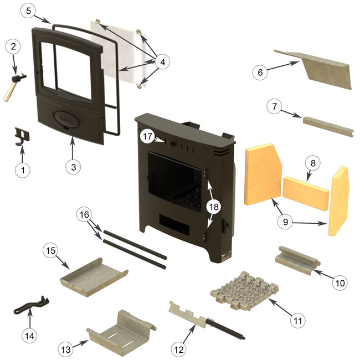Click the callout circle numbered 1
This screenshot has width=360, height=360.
23,170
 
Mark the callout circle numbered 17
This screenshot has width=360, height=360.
147,136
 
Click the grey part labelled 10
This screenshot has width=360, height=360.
298,259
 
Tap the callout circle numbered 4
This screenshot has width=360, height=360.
161,63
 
